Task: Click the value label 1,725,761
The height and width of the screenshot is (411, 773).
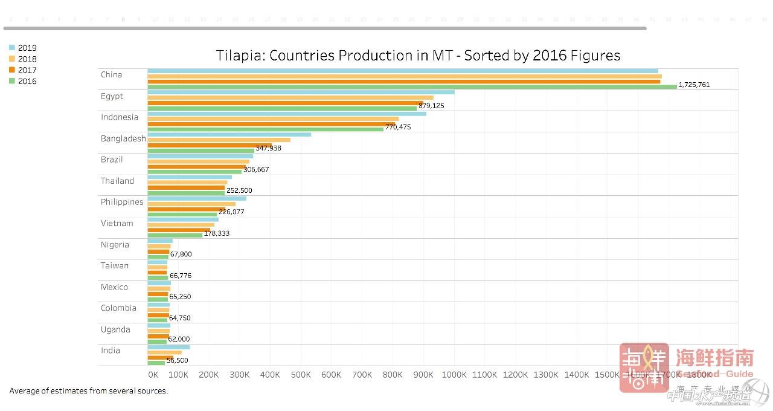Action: (x=694, y=85)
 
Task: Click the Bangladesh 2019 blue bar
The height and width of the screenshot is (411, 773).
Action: (x=229, y=135)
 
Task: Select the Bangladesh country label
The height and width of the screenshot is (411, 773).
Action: (x=123, y=138)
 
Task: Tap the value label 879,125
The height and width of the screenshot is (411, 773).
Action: (x=431, y=106)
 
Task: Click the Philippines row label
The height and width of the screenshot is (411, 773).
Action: (x=122, y=202)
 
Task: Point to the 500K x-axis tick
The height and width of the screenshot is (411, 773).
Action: (x=300, y=375)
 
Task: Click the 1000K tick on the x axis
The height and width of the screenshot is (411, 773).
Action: (x=454, y=375)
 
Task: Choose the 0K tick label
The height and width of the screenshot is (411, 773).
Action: (x=153, y=375)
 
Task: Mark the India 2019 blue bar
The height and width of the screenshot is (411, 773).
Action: (x=169, y=347)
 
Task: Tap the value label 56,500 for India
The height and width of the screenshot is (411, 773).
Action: (x=177, y=360)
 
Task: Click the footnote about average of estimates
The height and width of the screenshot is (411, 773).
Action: (x=89, y=391)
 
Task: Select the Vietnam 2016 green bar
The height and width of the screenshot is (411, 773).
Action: (x=175, y=235)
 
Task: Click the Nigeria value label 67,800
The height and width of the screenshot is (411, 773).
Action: (x=181, y=254)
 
